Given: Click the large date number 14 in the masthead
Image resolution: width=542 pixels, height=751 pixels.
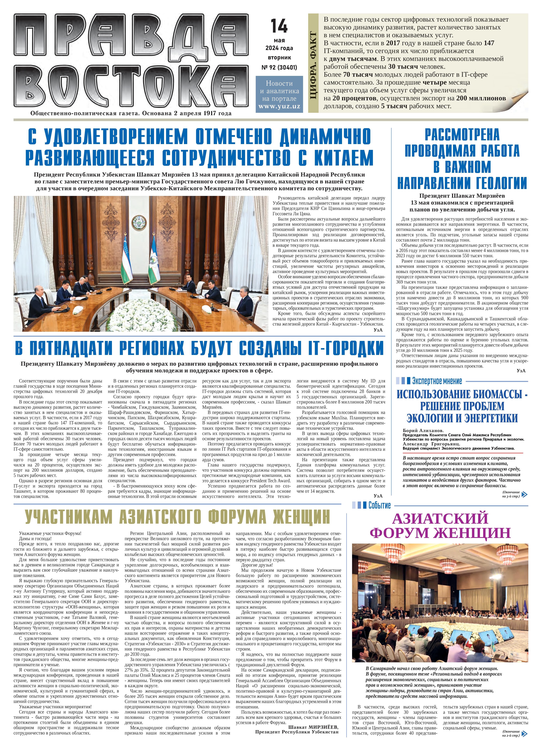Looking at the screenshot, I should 279,26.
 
